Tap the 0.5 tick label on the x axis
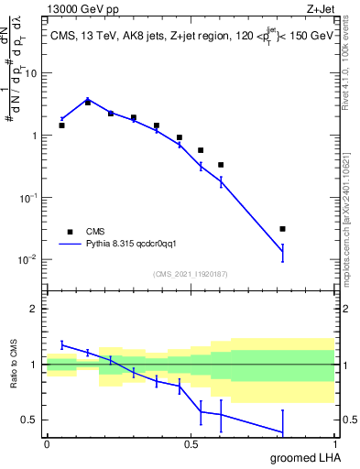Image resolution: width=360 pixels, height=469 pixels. (191, 444)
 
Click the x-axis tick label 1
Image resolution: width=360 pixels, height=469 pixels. (334, 444)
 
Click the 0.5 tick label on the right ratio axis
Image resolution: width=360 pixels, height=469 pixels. (348, 420)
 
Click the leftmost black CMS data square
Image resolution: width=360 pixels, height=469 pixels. (61, 125)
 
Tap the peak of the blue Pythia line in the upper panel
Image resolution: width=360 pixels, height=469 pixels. (88, 99)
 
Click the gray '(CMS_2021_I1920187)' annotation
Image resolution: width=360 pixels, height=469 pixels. (190, 272)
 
